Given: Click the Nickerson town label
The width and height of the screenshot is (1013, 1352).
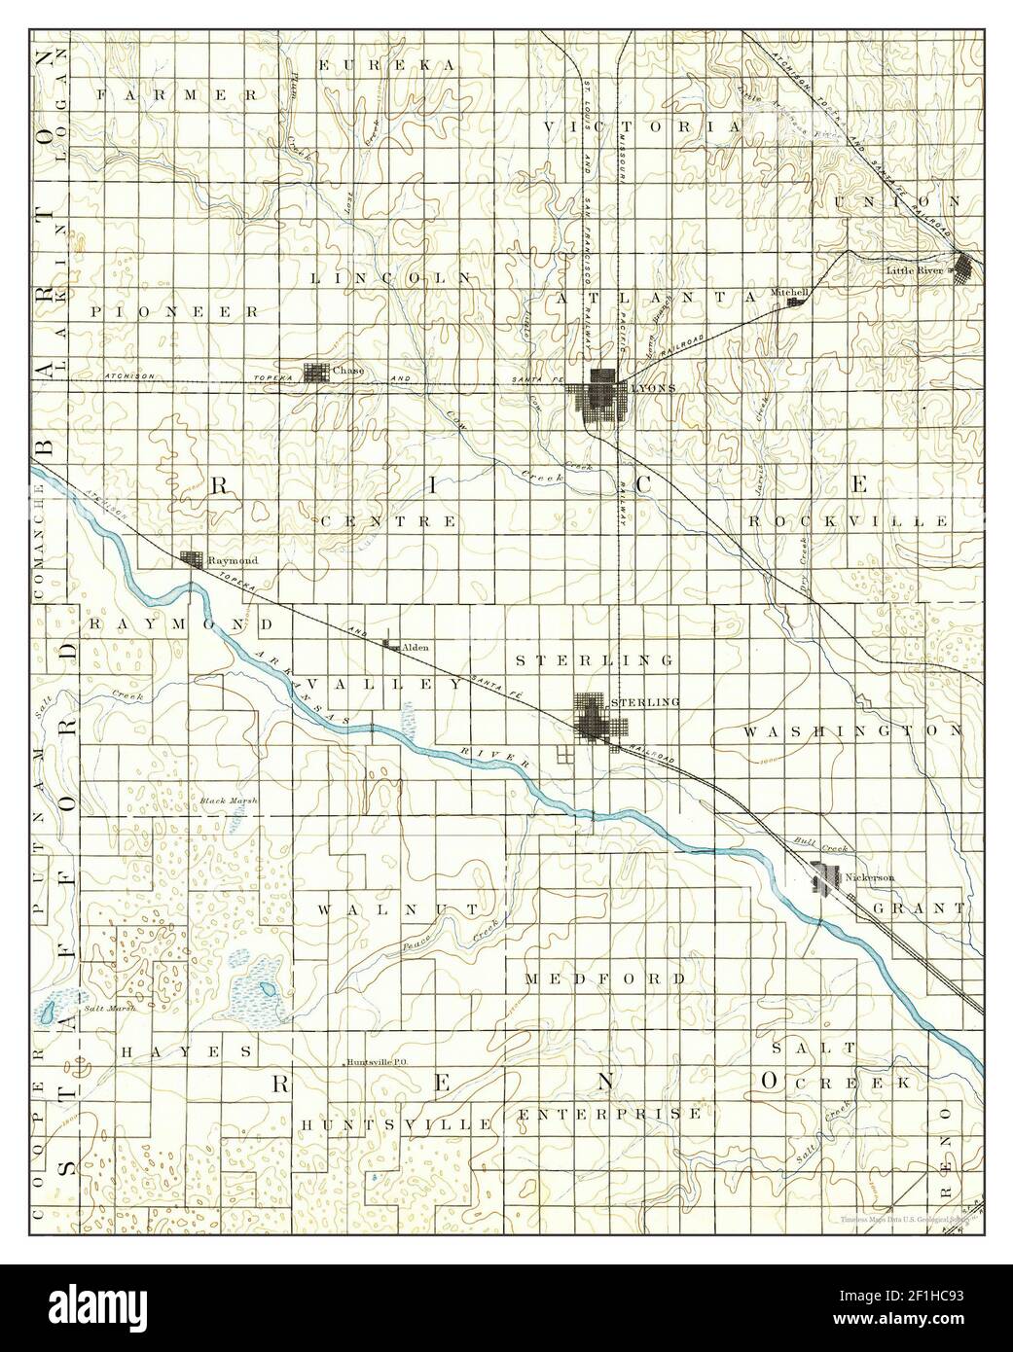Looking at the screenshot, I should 870,877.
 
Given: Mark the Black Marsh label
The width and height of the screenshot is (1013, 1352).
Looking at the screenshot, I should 228,801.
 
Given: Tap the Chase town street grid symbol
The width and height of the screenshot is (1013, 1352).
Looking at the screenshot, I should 316,373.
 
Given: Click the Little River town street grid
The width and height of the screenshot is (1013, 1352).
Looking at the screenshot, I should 964,266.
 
